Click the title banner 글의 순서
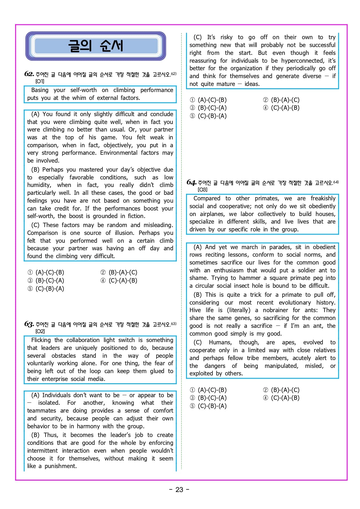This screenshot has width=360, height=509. (96, 46)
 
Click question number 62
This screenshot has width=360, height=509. (29, 74)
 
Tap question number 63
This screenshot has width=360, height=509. (29, 324)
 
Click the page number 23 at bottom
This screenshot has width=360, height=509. (179, 490)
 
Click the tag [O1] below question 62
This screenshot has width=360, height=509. (40, 81)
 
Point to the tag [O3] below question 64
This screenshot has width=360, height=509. (202, 190)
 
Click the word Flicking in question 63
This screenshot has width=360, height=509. (41, 340)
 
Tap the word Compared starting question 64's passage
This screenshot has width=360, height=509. (207, 198)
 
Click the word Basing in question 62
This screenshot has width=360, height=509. (40, 90)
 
